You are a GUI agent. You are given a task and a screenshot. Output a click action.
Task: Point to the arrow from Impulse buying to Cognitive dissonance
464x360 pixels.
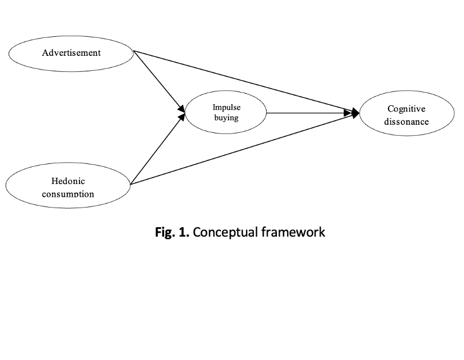(x=311, y=113)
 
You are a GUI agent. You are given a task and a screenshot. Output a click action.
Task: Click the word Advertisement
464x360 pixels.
(x=71, y=52)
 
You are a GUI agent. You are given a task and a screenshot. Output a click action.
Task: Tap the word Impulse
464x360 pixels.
(x=226, y=108)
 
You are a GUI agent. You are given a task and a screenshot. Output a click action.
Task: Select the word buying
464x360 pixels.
(x=226, y=118)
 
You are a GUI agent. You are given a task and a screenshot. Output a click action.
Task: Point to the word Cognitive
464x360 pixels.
(x=406, y=109)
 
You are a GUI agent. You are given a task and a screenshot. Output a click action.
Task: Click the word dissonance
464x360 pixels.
(x=406, y=121)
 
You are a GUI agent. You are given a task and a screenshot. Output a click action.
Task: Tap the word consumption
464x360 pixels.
(x=68, y=194)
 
